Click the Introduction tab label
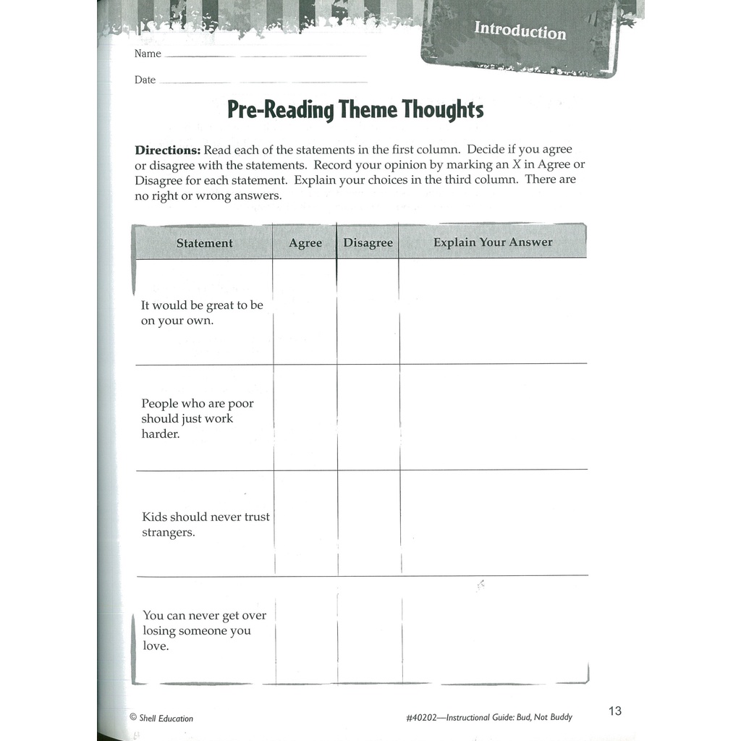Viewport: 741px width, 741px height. coord(520,31)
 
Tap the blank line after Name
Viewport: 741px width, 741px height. coord(266,56)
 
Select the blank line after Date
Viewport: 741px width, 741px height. coord(262,82)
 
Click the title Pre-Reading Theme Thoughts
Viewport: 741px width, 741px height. coord(355,110)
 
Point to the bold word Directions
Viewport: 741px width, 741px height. coord(167,150)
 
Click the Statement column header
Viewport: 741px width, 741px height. coord(204,243)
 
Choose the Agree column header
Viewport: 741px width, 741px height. coord(305,243)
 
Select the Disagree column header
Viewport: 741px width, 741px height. coord(368,243)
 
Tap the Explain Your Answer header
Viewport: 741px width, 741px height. coord(492,242)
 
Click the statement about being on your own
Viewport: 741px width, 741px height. coord(201,313)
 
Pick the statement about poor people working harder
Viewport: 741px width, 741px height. coord(197,419)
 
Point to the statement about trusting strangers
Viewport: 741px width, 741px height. coord(206,525)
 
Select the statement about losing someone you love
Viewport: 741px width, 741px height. coord(204,630)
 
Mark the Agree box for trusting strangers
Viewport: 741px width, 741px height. coord(305,523)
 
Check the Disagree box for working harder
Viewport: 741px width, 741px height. coord(368,418)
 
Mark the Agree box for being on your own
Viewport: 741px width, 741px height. coord(305,311)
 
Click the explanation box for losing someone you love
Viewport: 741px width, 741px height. coord(494,629)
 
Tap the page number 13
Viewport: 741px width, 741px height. coord(614,711)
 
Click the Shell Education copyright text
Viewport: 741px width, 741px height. coord(161,718)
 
